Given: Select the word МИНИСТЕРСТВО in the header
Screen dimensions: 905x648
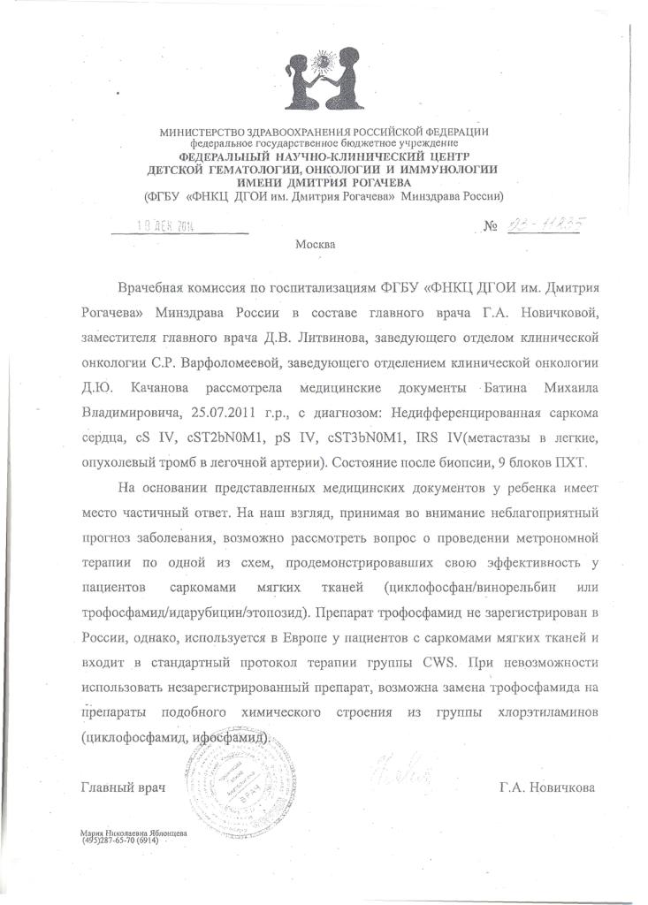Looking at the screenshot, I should tap(201, 133).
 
